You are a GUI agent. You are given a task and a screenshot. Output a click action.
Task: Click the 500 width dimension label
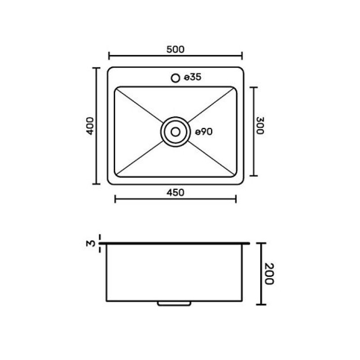(x=175, y=49)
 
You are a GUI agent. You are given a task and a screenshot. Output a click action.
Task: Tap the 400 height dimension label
(x=90, y=126)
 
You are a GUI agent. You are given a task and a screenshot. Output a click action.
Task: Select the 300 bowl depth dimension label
(x=260, y=126)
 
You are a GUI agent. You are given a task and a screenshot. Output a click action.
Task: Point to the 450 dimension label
(x=175, y=193)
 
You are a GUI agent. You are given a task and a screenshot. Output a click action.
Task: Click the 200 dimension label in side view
(x=269, y=274)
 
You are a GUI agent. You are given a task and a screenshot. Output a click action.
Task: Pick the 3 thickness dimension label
(x=91, y=243)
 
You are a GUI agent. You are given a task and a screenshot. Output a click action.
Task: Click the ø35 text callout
(x=193, y=77)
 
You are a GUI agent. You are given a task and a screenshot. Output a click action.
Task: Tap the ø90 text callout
(x=204, y=132)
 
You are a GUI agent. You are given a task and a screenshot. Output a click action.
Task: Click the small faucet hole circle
(x=175, y=78)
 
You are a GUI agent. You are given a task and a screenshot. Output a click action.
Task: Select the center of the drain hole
(x=175, y=132)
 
